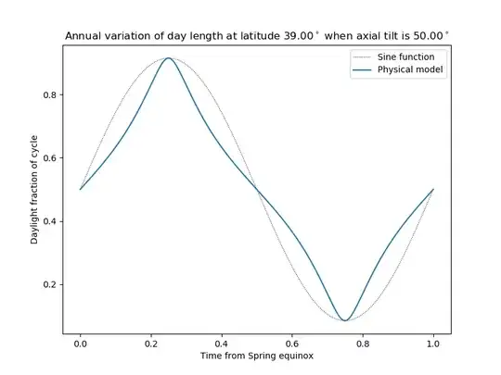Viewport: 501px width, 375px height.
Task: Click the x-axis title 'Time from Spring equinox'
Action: (257, 356)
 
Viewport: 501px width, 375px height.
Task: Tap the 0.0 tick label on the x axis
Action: (81, 344)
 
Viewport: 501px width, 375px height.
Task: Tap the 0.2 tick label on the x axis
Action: (151, 344)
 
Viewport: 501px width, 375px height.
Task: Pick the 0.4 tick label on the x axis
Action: (222, 344)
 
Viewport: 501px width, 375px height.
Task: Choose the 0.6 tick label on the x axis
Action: (292, 344)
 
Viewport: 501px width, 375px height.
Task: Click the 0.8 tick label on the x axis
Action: (363, 344)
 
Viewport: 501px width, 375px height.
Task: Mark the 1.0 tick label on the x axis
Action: (433, 344)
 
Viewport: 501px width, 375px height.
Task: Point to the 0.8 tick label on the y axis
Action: (51, 94)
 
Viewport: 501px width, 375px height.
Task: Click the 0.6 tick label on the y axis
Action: (51, 157)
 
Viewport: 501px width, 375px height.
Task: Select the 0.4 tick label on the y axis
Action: (51, 220)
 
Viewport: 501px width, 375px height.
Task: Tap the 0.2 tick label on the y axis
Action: (51, 284)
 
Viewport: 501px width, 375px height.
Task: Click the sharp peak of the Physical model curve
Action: (169, 58)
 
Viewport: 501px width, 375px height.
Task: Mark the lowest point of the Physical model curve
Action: (345, 320)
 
